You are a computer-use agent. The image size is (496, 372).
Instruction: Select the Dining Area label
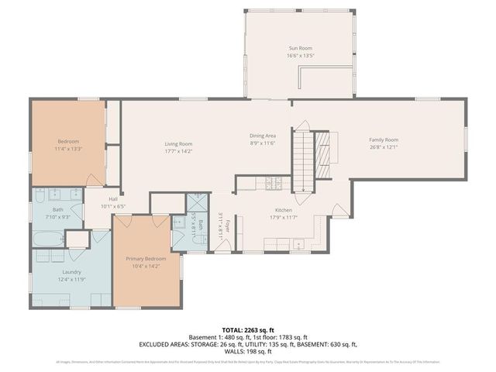click(x=263, y=136)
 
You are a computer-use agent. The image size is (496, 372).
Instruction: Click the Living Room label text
click(x=178, y=143)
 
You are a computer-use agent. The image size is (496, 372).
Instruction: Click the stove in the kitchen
click(x=272, y=184)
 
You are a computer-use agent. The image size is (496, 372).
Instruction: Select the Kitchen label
click(x=283, y=210)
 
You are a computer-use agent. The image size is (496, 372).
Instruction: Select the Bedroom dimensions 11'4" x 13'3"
click(x=68, y=148)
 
